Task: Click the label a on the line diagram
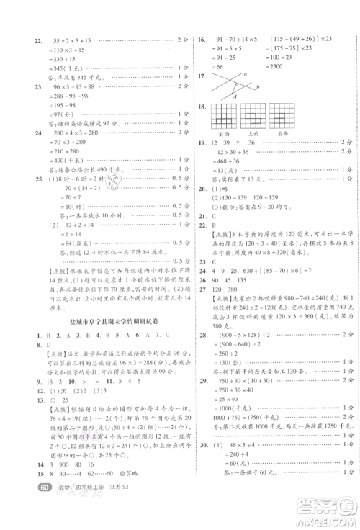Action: pos(245,74)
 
